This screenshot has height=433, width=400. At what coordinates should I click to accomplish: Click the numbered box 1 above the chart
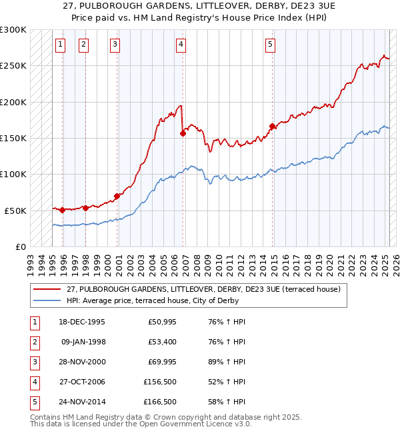pyautogui.click(x=60, y=45)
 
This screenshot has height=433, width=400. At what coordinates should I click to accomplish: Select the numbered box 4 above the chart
pyautogui.click(x=181, y=45)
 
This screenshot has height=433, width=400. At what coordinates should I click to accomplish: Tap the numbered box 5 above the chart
pyautogui.click(x=270, y=45)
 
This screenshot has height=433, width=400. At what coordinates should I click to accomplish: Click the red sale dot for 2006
pyautogui.click(x=183, y=133)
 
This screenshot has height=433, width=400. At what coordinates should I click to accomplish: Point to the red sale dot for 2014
pyautogui.click(x=272, y=126)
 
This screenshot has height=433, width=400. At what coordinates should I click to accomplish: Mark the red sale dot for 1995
pyautogui.click(x=63, y=210)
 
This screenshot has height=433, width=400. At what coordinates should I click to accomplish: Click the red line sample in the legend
pyautogui.click(x=47, y=289)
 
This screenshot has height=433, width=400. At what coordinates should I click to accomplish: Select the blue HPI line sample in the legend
pyautogui.click(x=47, y=300)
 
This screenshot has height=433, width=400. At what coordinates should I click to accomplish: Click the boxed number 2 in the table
pyautogui.click(x=34, y=342)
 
